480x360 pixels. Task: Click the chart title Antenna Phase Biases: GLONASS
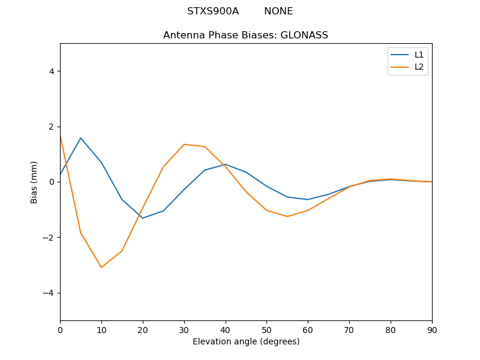pos(245,35)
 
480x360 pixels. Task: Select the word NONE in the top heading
pos(278,11)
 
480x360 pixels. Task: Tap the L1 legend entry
pos(419,55)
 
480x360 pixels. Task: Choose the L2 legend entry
pos(419,67)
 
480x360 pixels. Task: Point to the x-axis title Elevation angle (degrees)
pos(246,342)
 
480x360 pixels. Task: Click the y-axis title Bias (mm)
pos(35,182)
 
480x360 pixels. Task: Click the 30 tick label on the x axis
pos(184,330)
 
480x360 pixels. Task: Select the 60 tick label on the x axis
pos(308,330)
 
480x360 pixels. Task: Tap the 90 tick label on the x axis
pos(432,330)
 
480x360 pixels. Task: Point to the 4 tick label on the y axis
pos(52,71)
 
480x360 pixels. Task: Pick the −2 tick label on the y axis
pos(49,238)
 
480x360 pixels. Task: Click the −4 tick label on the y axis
pos(49,293)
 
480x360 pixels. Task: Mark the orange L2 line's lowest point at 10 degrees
pos(101,268)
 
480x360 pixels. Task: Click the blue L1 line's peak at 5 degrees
pos(80,138)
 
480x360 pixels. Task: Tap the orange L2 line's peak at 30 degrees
pos(184,144)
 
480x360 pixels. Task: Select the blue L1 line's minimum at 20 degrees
pos(143,218)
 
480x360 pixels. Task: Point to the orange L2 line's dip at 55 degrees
pos(287,217)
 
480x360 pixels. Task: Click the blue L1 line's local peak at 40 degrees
pos(225,164)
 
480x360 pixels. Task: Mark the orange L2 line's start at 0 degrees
pos(61,136)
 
